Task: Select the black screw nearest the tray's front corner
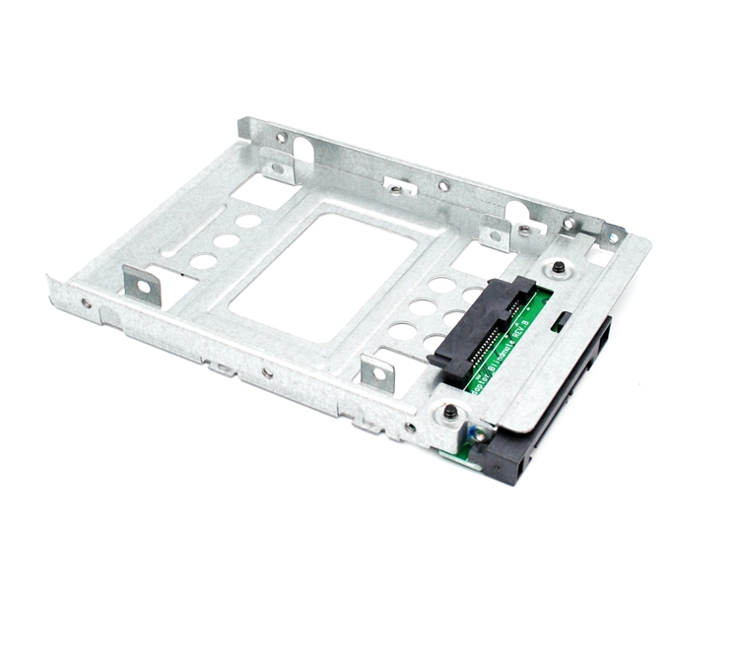point(450,412)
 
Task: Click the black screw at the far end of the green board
point(559,267)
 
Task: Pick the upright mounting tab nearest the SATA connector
point(378,372)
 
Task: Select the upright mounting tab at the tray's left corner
point(139,285)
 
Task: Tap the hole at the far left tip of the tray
point(86,303)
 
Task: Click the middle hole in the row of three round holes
point(226,240)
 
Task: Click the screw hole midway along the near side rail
point(267,372)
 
